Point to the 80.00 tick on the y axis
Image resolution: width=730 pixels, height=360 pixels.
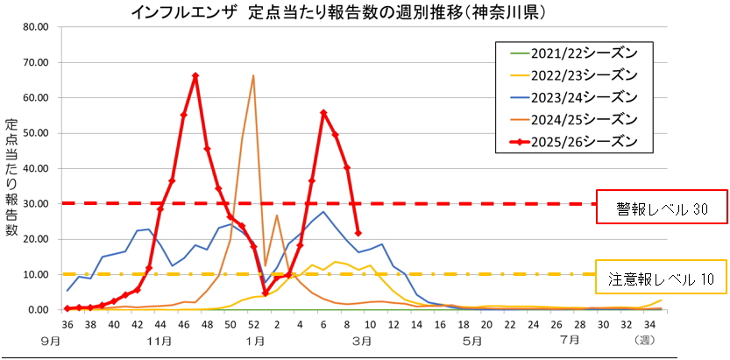(36, 26)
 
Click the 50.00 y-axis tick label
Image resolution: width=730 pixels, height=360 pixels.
(36, 133)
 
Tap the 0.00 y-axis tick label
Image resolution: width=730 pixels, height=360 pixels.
(39, 310)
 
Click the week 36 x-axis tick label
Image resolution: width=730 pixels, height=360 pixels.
(67, 323)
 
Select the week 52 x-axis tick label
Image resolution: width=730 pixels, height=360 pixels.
(253, 323)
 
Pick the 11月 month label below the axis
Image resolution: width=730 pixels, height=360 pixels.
(159, 339)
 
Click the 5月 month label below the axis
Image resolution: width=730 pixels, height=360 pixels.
(472, 339)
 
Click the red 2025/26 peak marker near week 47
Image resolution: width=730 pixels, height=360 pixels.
(195, 75)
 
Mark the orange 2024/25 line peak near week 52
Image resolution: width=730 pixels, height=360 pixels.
(253, 75)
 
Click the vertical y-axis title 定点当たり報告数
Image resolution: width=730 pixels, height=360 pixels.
(11, 175)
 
